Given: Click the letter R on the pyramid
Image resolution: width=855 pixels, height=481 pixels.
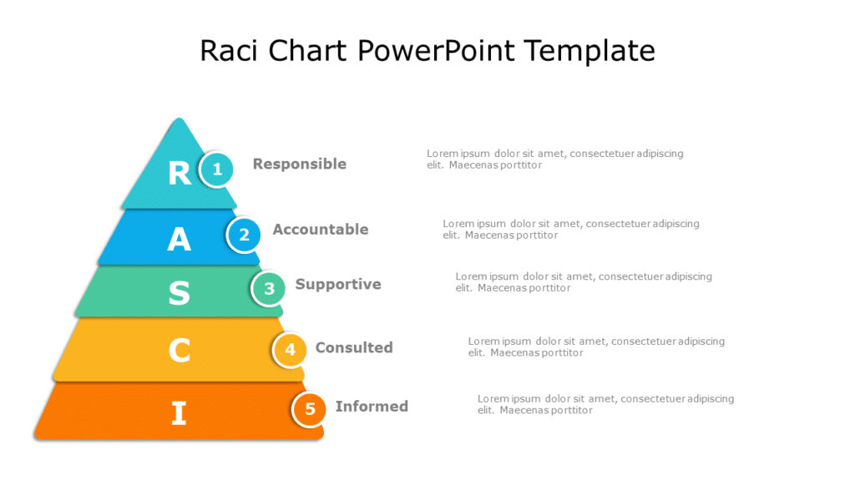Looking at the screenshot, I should pos(180,173).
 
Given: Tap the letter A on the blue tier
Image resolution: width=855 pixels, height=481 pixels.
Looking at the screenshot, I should pos(179,240).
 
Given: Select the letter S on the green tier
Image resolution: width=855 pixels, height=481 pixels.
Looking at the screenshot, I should pos(179,293).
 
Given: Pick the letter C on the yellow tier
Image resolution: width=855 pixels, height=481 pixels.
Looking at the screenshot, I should pos(179,351).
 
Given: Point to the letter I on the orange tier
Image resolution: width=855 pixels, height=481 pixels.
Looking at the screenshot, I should pos(179,413).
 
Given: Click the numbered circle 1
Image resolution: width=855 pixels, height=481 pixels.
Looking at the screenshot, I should pos(217,170).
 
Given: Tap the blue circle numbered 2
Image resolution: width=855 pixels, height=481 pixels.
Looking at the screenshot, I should pos(244,235).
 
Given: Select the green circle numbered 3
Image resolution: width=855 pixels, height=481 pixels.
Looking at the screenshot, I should pos(269,289).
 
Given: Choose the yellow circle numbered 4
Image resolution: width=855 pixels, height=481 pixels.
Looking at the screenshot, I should pos(290,350).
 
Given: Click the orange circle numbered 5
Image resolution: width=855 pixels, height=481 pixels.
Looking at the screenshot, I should pos(310,409).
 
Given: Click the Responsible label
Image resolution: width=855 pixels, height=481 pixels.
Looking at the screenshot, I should pos(299,164).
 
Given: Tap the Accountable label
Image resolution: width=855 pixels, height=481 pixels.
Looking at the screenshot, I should pos(320,229).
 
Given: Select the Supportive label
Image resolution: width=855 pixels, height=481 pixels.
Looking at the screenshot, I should pos(337,284).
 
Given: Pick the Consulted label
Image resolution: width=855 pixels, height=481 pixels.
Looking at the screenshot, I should pos(353,347).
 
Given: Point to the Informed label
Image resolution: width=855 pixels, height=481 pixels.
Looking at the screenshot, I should pos(372,406).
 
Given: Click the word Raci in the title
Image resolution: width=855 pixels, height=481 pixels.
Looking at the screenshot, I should pos(230,51).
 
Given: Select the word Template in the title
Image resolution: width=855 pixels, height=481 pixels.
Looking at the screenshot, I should pos(590,51).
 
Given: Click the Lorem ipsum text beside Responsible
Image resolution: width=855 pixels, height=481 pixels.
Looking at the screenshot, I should pos(554,159).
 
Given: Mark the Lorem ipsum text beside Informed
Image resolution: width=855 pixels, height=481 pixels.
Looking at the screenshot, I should pos(605,404).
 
